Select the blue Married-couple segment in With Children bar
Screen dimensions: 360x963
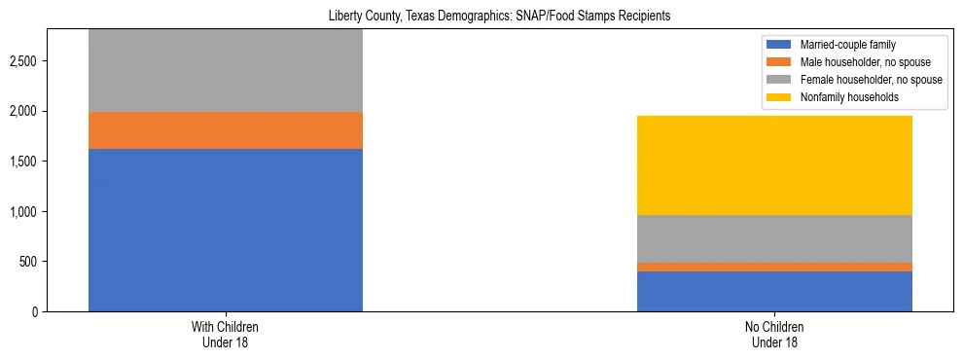(226, 230)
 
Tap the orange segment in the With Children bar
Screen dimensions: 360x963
(226, 130)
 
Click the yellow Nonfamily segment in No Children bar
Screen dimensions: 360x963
(774, 165)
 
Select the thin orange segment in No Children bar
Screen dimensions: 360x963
(774, 267)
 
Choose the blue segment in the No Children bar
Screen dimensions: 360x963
(774, 291)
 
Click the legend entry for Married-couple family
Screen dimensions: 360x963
(846, 45)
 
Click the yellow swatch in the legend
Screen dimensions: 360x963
(780, 97)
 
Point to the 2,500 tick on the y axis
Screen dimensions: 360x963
(22, 61)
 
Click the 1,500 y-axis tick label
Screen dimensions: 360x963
(22, 162)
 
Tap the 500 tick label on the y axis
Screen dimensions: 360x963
(29, 262)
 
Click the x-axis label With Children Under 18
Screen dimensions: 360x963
(226, 335)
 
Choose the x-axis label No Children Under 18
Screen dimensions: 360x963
(774, 335)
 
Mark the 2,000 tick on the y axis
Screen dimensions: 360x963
(22, 112)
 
